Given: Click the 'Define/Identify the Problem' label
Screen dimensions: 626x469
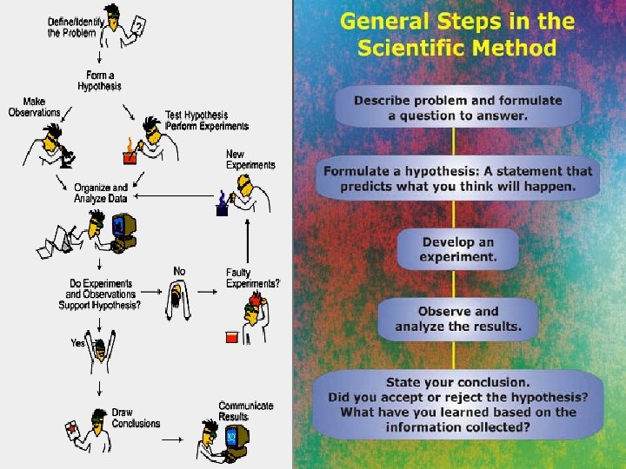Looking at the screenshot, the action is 75,27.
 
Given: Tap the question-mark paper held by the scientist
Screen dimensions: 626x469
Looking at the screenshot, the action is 138,25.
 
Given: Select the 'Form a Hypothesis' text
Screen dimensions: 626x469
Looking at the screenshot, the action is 99,81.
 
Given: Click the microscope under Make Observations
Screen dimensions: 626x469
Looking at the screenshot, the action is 66,155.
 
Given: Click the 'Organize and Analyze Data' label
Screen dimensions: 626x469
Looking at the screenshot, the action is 101,193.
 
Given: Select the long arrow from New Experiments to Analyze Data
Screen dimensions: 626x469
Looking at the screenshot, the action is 174,195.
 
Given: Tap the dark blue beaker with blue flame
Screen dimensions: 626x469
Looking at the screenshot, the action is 222,204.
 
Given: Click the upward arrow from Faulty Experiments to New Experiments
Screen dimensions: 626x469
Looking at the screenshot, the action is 248,241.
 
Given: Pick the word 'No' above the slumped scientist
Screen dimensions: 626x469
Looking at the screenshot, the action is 179,271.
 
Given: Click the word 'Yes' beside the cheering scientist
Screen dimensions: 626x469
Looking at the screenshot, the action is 77,342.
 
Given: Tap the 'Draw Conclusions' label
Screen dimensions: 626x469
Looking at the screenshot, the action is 136,418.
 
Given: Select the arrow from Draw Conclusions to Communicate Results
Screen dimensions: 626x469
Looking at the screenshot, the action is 172,439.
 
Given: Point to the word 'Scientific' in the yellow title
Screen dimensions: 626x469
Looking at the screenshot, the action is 411,49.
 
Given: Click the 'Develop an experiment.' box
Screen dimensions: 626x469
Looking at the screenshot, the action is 458,249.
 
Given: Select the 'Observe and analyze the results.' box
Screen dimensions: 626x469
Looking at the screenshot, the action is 458,319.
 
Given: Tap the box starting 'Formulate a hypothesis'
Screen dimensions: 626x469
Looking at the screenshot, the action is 457,179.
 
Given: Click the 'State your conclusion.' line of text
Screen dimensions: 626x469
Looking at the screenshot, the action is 458,382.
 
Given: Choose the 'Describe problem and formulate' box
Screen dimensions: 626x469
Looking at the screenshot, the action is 457,107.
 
